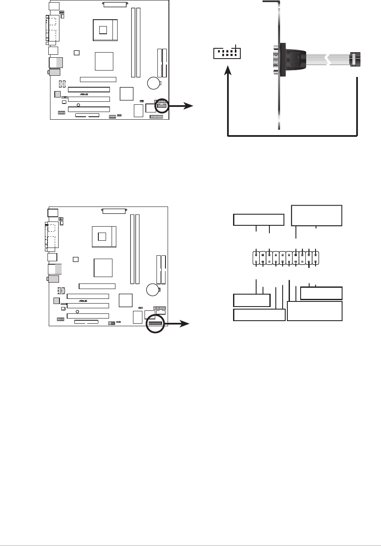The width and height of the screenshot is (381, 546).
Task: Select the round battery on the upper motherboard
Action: (154, 83)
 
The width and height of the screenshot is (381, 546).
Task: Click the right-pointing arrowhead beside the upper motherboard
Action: (189, 106)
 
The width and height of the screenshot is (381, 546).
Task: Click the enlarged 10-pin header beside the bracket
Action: (227, 53)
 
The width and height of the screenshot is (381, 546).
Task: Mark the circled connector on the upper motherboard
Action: (161, 106)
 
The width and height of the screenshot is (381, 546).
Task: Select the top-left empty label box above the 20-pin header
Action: (258, 219)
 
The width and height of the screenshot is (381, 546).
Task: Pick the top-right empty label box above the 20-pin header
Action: (316, 215)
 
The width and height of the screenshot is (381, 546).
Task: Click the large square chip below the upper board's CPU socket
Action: (104, 60)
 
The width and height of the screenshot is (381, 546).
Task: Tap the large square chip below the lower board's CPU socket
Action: (103, 267)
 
